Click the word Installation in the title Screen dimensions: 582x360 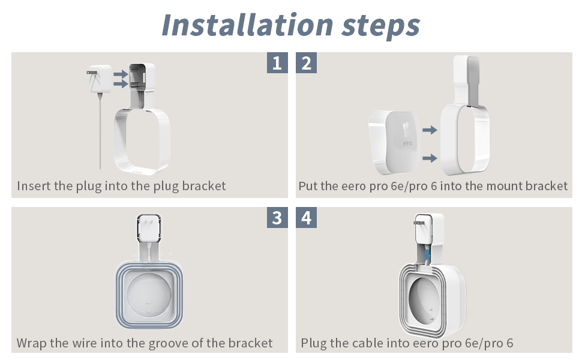247,25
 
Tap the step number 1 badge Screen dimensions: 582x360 277,63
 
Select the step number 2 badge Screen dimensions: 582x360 306,63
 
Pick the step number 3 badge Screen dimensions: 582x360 277,217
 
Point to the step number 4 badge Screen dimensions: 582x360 306,217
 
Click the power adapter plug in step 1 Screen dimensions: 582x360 99,79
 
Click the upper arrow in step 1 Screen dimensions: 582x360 121,74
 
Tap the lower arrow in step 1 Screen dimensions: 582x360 121,83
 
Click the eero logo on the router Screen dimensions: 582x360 407,143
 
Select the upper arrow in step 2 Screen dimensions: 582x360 430,130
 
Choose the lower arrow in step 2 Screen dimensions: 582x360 430,158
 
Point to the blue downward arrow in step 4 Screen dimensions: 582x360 427,254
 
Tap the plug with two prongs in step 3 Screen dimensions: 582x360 149,228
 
